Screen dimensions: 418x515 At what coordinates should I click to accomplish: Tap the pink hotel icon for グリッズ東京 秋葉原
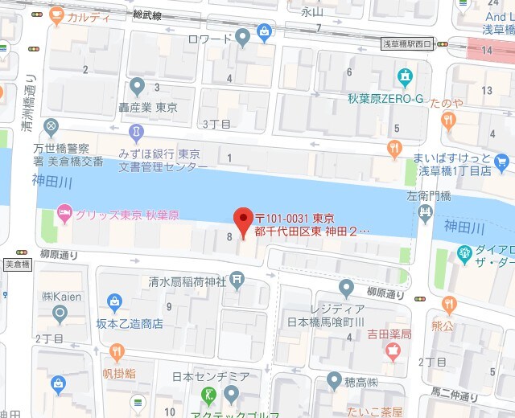pos(64,215)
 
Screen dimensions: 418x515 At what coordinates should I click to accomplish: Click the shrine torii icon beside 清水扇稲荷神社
pos(237,279)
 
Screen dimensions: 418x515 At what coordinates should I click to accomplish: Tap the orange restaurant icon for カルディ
pos(56,15)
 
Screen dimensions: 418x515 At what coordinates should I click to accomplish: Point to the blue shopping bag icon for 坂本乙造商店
pos(115,303)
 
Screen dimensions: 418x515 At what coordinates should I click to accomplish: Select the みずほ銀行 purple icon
pos(137,131)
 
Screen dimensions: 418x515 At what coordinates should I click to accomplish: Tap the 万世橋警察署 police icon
pos(51,126)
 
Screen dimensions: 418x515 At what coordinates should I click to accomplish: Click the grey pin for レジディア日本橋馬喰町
pos(346,287)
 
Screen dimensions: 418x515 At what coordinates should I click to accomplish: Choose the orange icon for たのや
pos(448,120)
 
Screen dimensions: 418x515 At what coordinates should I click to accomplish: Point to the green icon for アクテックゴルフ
pos(208,395)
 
